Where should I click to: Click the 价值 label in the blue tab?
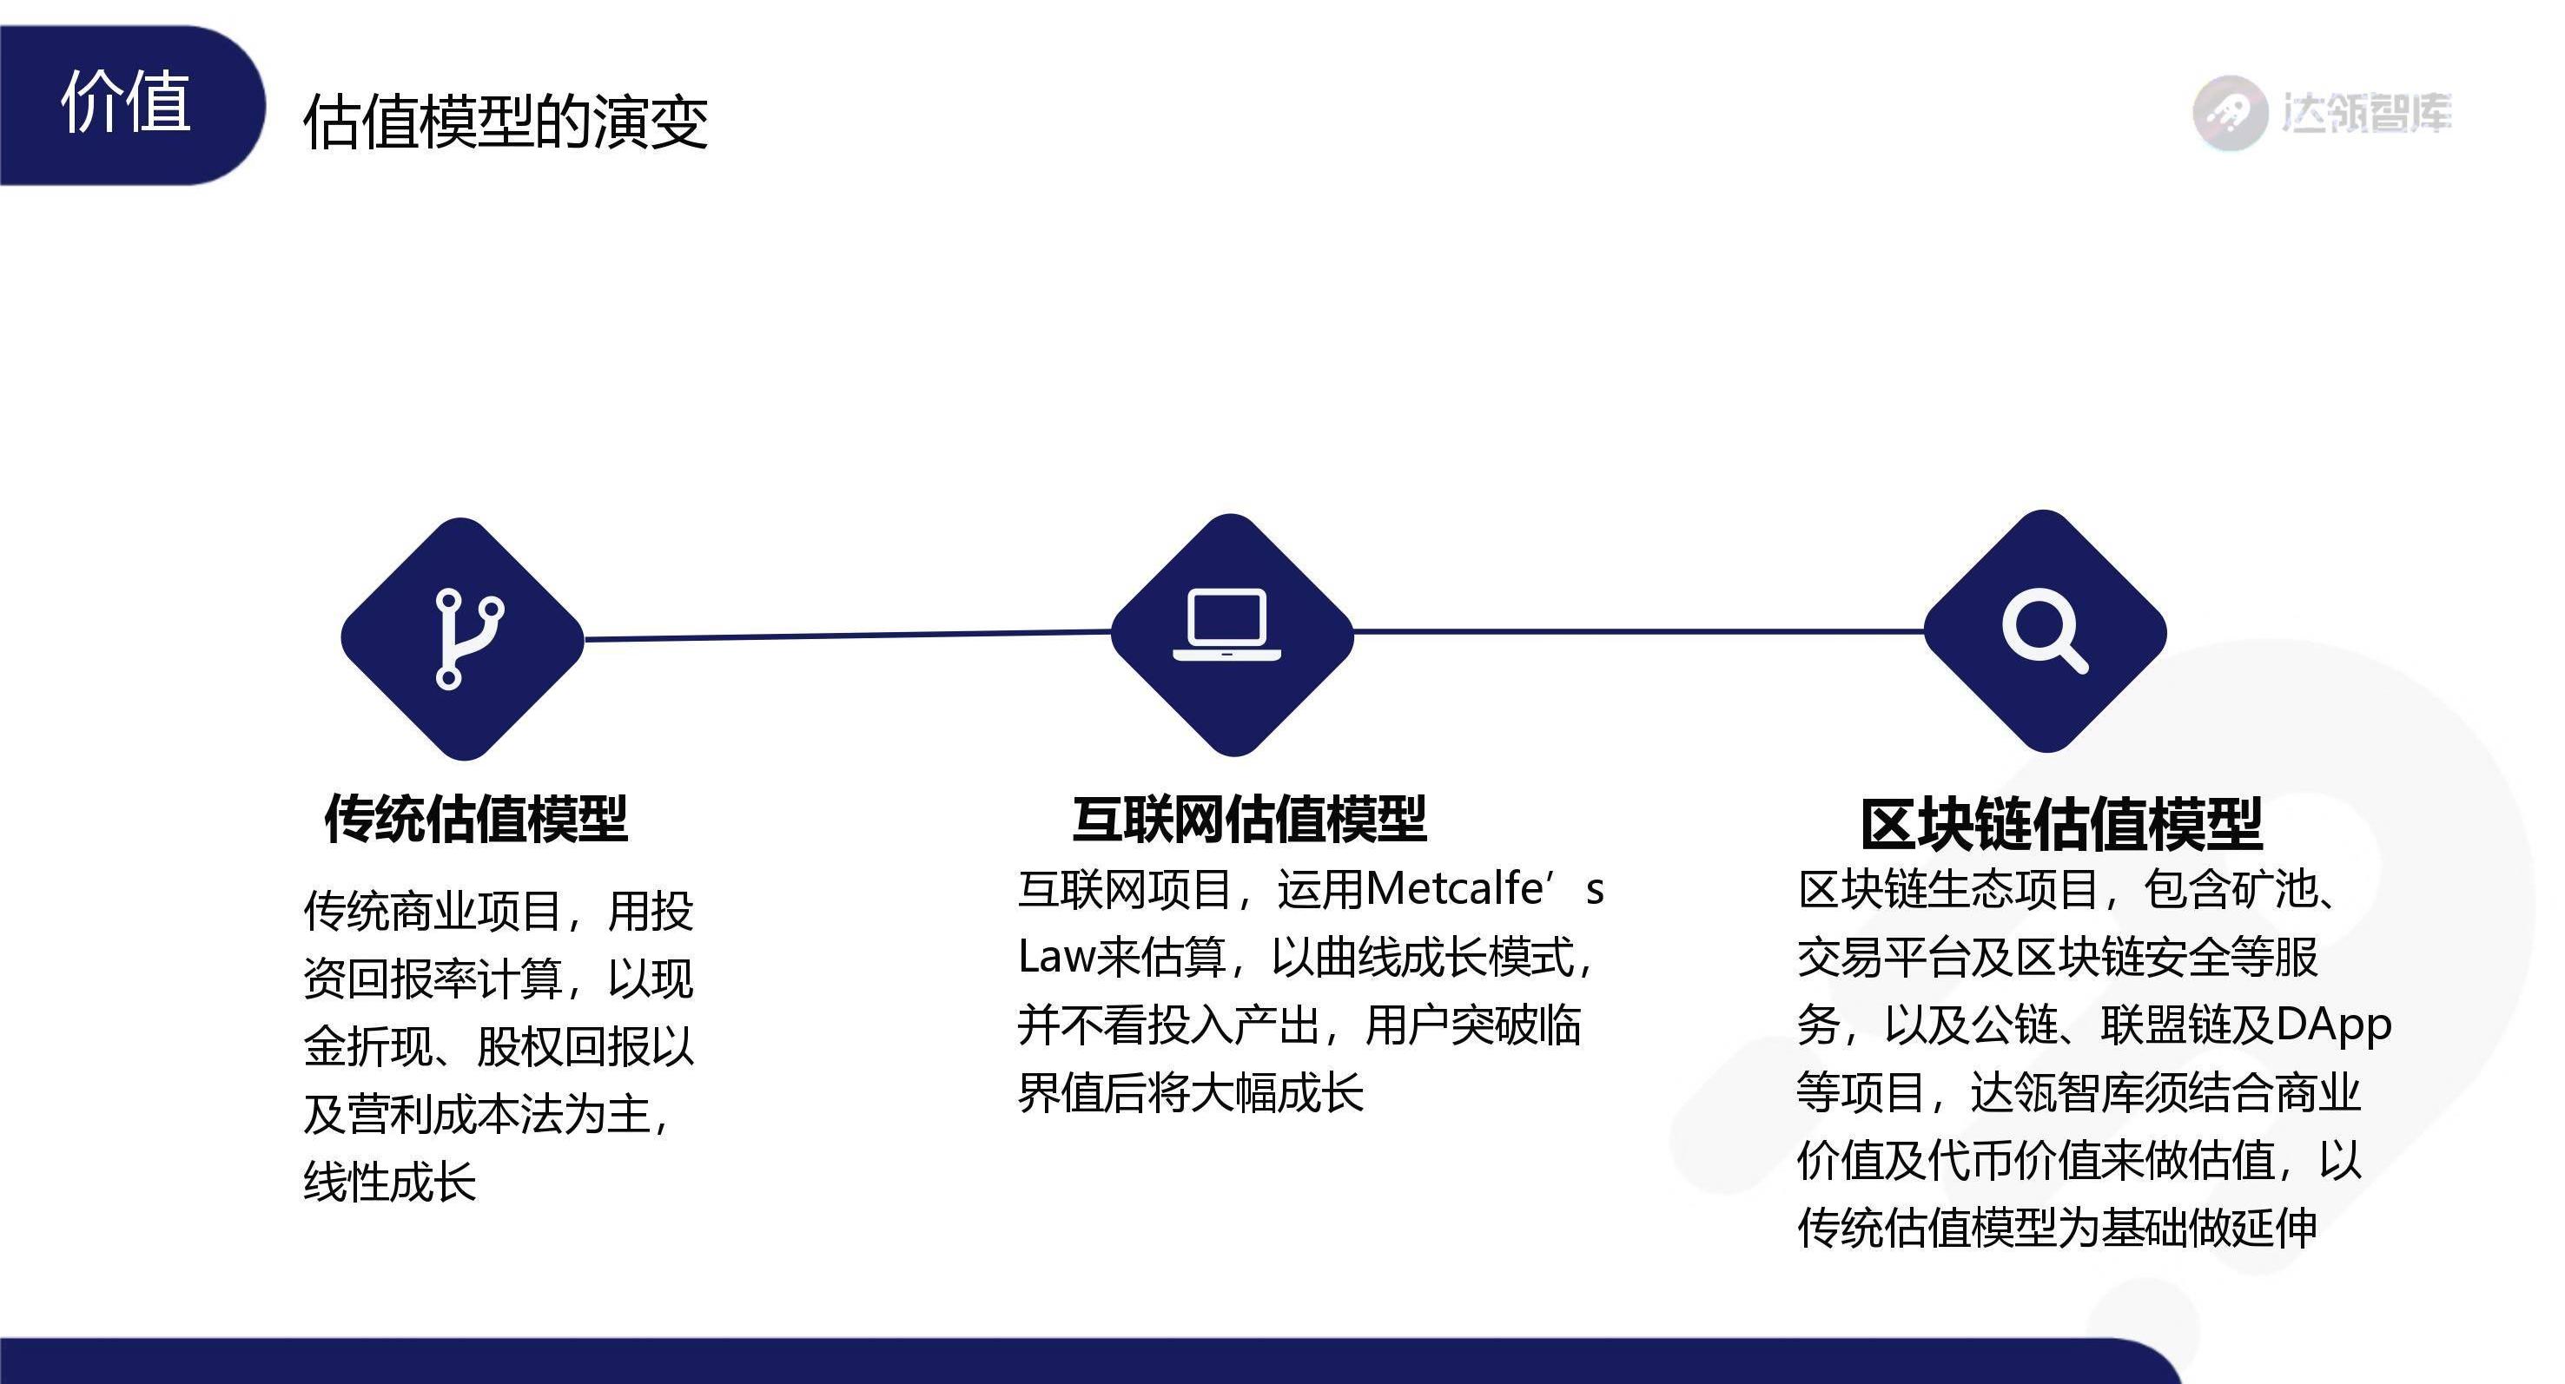[125, 102]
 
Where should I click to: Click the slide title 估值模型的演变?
[506, 122]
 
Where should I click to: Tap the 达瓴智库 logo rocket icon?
[2231, 113]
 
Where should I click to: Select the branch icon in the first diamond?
[469, 638]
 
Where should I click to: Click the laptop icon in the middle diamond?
[1226, 624]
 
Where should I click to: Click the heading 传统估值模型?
[476, 820]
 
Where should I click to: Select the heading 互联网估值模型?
[1250, 820]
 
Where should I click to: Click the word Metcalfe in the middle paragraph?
[1454, 888]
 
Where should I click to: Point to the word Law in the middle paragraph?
[1055, 956]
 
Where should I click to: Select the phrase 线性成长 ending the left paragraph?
[390, 1182]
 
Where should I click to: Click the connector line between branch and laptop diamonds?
[848, 634]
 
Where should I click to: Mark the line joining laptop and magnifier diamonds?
[1639, 631]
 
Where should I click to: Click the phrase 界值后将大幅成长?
[1191, 1092]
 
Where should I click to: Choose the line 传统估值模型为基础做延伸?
[2057, 1227]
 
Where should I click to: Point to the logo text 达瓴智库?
[2367, 114]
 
